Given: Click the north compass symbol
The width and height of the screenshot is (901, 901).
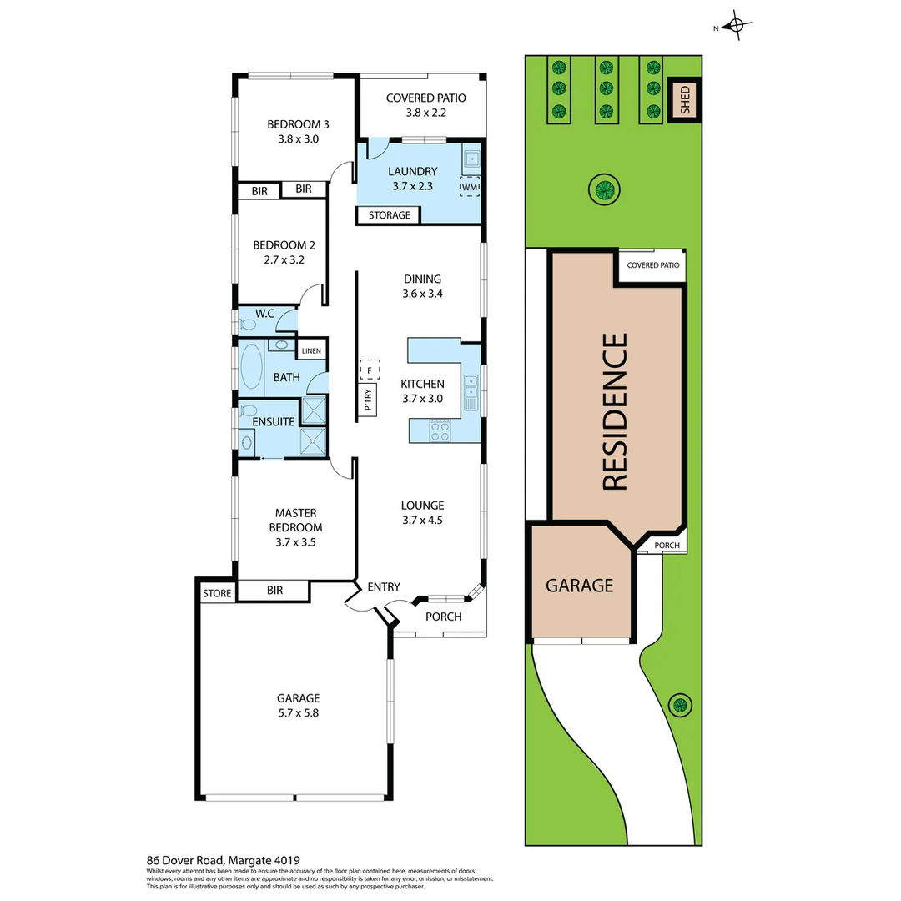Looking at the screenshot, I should (735, 26).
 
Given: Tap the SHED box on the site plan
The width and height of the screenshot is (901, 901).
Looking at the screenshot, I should (685, 99).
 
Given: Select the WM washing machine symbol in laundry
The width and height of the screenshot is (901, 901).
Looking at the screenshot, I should (470, 187).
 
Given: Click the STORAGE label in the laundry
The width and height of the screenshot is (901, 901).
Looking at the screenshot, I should (389, 215).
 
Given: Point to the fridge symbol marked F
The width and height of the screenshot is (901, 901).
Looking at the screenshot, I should (369, 368).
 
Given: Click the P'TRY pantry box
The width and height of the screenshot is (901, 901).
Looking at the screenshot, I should (367, 401).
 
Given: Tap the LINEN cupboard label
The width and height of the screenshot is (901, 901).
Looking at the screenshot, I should (311, 351).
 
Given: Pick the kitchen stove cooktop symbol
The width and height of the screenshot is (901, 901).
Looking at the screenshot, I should (440, 430).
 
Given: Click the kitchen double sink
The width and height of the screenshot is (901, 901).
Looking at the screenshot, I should (471, 392).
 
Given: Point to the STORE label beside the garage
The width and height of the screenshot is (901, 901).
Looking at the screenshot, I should (217, 593).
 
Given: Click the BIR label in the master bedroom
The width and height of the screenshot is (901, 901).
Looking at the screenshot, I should (274, 591).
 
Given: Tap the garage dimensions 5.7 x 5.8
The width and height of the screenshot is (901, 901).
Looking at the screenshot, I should (299, 713).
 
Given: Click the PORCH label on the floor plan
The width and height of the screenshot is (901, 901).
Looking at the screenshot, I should (443, 617).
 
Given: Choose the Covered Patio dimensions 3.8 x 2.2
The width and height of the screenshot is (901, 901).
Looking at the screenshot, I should (425, 113).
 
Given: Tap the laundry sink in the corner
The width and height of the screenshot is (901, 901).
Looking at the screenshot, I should (471, 158).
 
